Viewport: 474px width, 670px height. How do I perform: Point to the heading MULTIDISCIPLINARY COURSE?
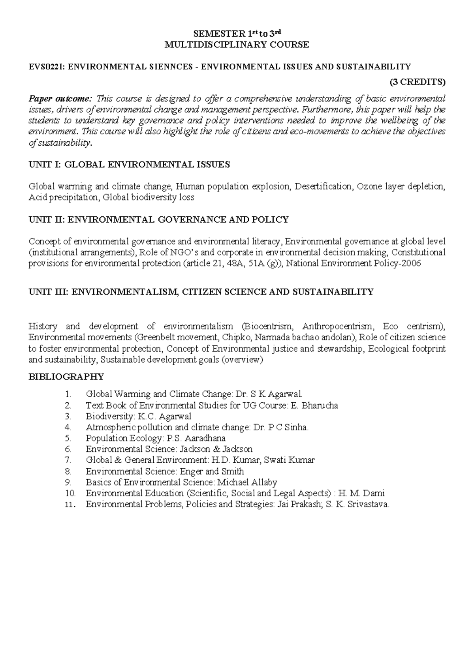pyautogui.click(x=237, y=45)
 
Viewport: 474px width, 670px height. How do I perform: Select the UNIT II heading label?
pyautogui.click(x=46, y=220)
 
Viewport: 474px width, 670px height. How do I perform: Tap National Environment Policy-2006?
pyautogui.click(x=353, y=263)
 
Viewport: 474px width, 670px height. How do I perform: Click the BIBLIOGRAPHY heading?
pyautogui.click(x=66, y=376)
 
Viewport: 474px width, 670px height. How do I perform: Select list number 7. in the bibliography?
pyautogui.click(x=68, y=460)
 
